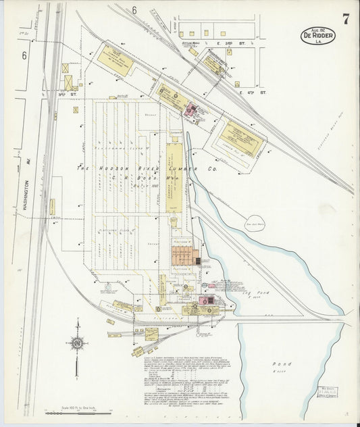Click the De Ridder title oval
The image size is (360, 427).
(x=317, y=36)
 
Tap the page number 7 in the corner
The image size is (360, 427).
(x=345, y=18)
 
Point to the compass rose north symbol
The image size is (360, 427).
(x=77, y=344)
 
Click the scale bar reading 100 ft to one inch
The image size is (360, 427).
(x=78, y=407)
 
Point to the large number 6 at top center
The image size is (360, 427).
(x=134, y=10)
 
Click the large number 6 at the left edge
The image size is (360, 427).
(x=24, y=56)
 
